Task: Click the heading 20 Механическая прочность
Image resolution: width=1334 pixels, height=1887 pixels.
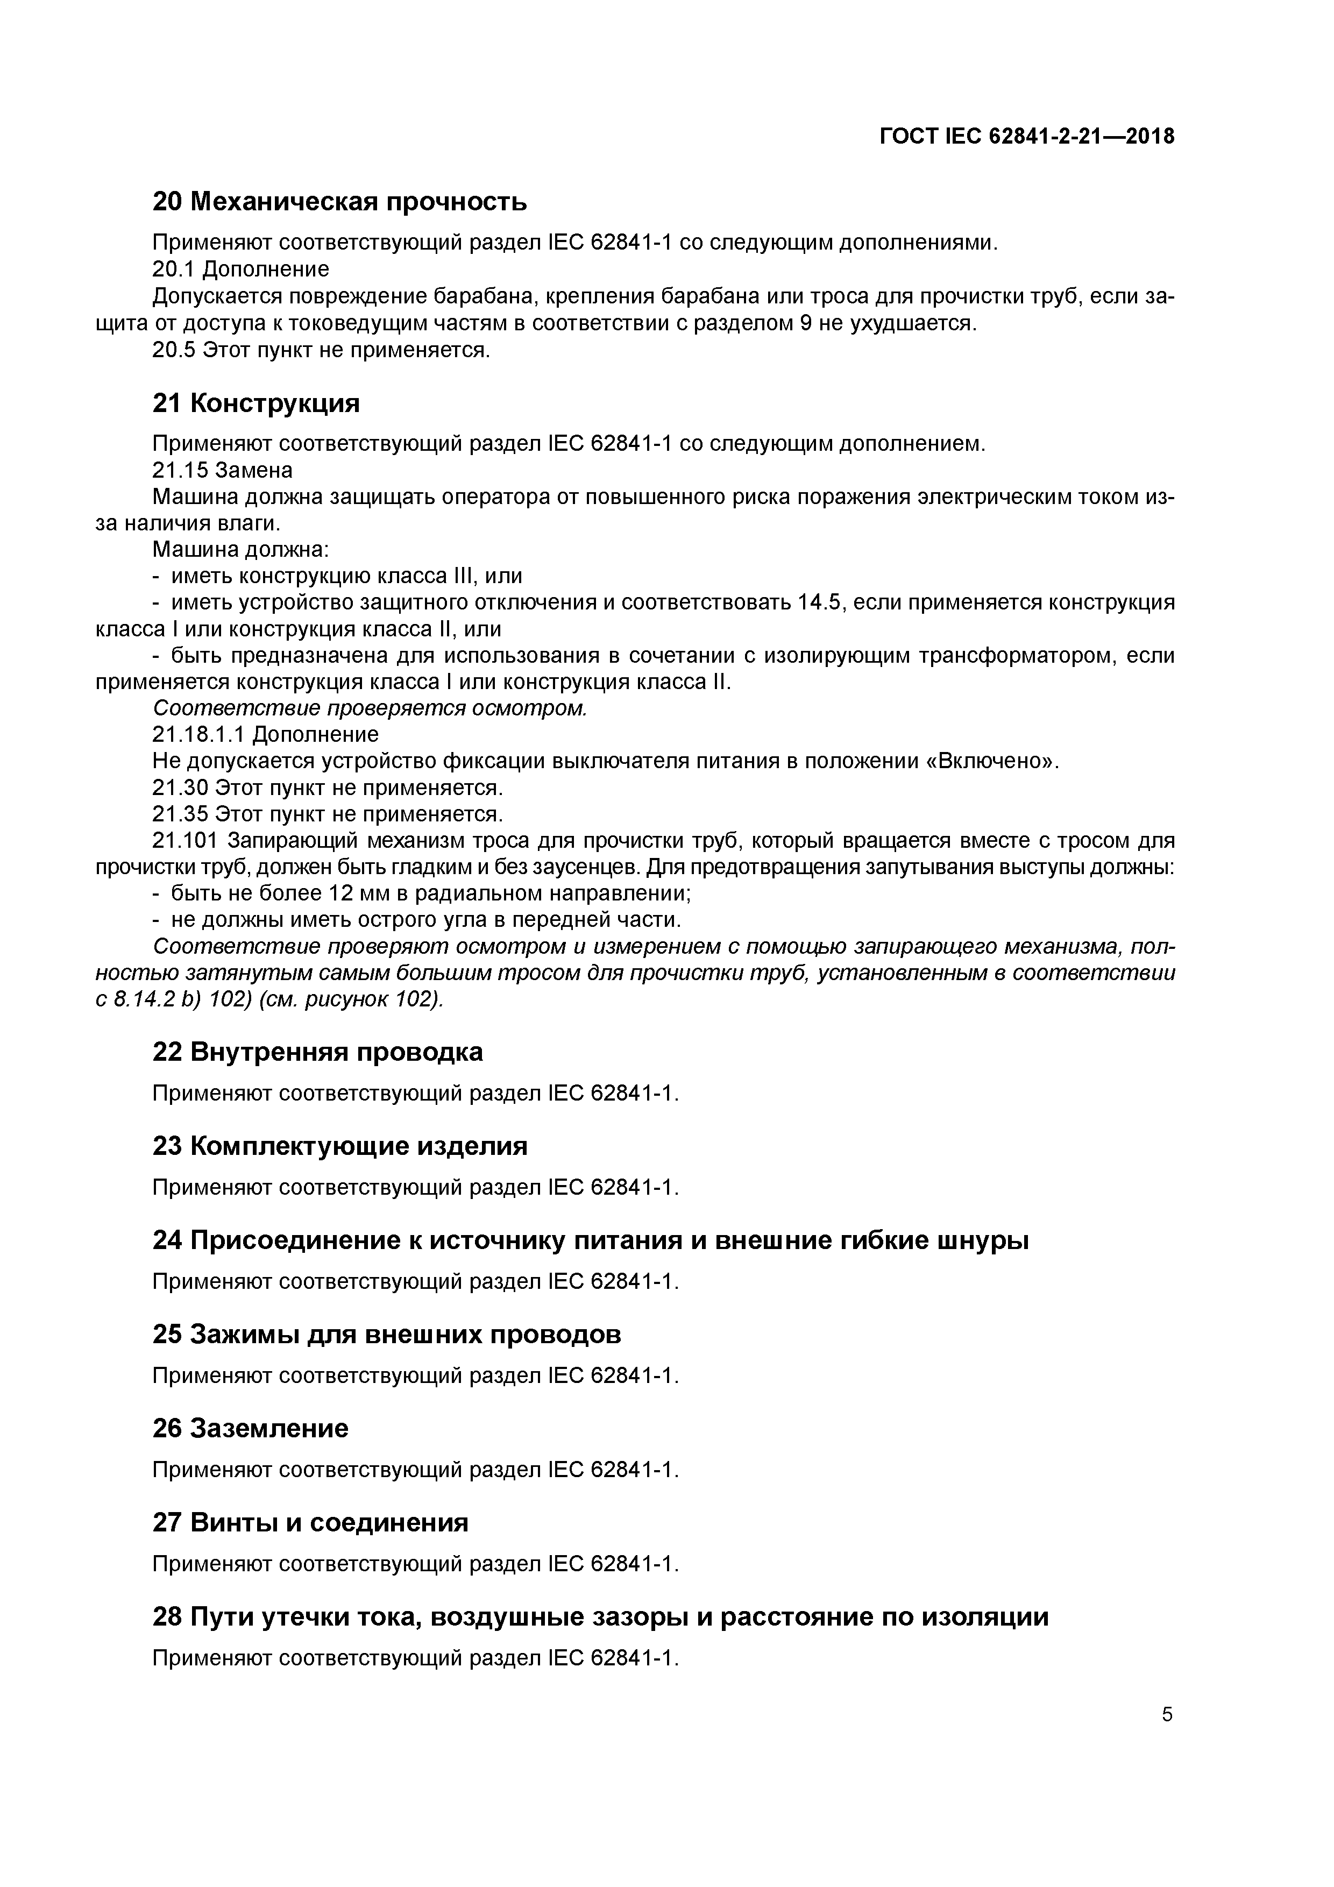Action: pos(339,201)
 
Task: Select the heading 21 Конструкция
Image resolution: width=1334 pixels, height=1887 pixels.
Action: pos(256,403)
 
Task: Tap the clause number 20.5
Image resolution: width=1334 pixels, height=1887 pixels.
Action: pos(174,350)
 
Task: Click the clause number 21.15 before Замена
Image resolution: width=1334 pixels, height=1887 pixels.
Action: pos(180,470)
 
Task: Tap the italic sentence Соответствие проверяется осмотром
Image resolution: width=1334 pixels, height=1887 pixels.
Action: pos(370,708)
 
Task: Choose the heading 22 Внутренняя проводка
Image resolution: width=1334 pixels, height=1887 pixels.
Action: pos(317,1052)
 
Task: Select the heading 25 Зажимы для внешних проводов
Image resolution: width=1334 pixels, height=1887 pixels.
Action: pos(386,1334)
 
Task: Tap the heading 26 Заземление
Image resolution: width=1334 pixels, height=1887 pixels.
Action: pos(250,1428)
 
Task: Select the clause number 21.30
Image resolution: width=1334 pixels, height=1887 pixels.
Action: pos(180,788)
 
